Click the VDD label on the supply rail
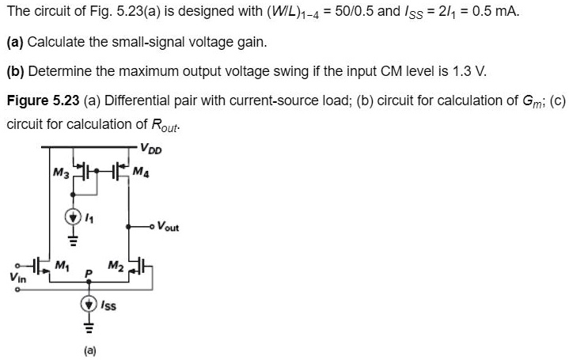(150, 145)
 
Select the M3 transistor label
(59, 171)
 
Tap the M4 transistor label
(139, 171)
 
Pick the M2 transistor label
(115, 264)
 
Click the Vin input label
(15, 277)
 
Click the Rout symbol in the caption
(163, 126)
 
